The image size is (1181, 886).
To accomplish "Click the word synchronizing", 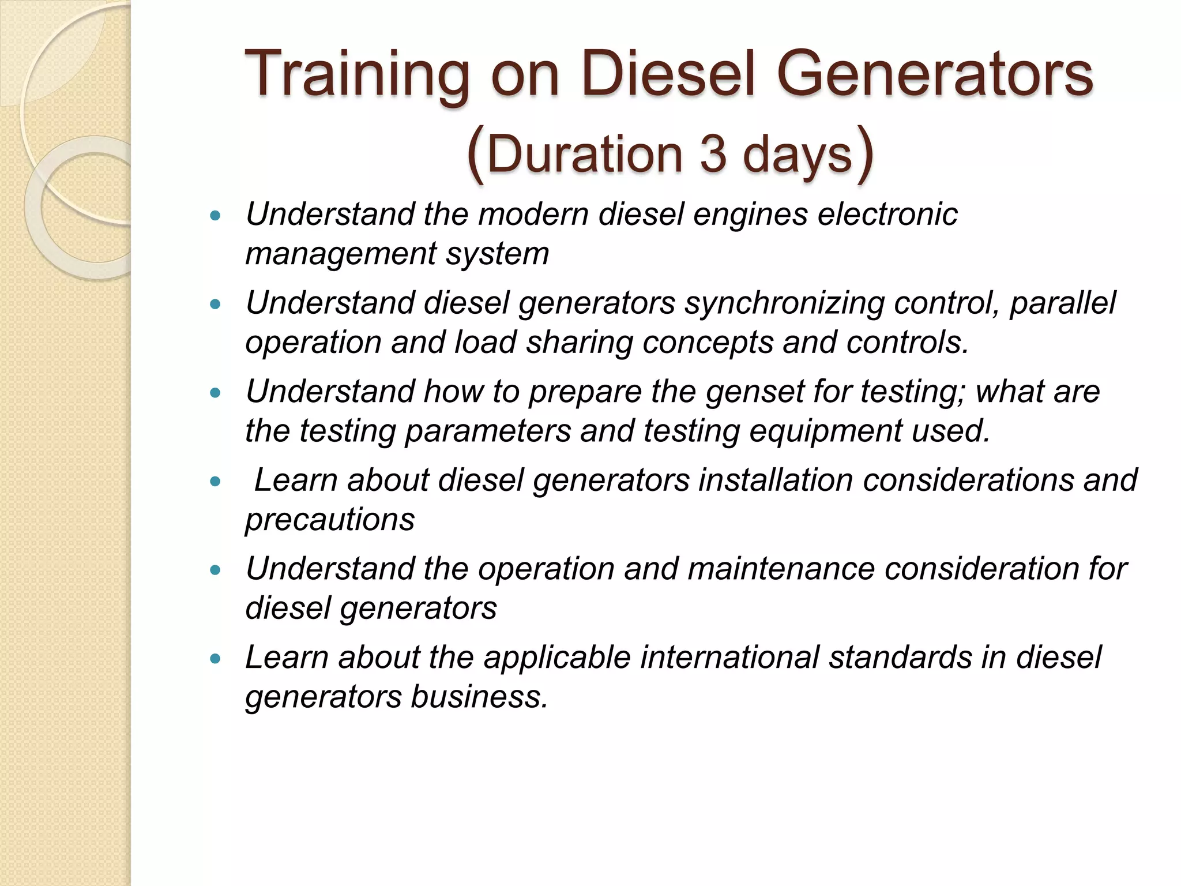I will coord(784,303).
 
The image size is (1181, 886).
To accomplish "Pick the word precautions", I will coord(330,520).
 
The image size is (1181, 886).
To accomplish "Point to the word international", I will coord(729,658).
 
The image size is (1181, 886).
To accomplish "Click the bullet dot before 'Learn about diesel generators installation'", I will coord(216,481).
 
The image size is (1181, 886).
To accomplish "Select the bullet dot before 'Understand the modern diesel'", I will coord(216,216).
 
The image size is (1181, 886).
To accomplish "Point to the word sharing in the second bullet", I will coord(579,343).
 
